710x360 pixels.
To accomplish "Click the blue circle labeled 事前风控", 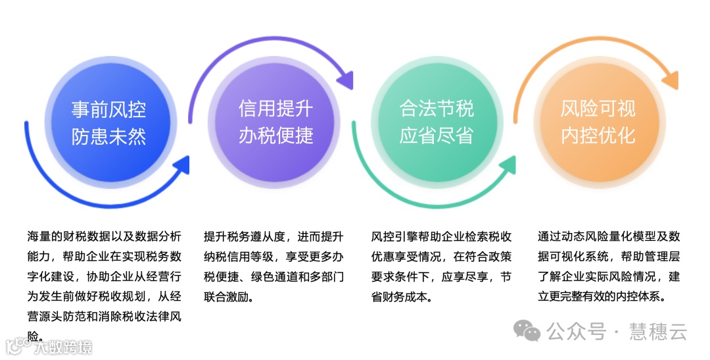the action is pyautogui.click(x=108, y=122).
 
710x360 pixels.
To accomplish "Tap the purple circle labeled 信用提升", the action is pyautogui.click(x=276, y=122).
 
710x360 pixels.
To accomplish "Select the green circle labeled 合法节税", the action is pyautogui.click(x=437, y=122).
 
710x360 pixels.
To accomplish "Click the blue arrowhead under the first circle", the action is pyautogui.click(x=180, y=165).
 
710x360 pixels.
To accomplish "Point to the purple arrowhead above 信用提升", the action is pyautogui.click(x=344, y=81).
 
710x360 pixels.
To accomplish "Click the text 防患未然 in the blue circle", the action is pyautogui.click(x=108, y=136).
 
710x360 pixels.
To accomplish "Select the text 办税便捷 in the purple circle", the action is pyautogui.click(x=276, y=136).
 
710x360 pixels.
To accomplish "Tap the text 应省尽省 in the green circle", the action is pyautogui.click(x=437, y=136).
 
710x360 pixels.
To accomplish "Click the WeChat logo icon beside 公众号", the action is pyautogui.click(x=528, y=330).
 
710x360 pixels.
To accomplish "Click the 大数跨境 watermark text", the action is pyautogui.click(x=64, y=347).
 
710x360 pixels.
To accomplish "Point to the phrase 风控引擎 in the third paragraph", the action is pyautogui.click(x=395, y=237).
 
